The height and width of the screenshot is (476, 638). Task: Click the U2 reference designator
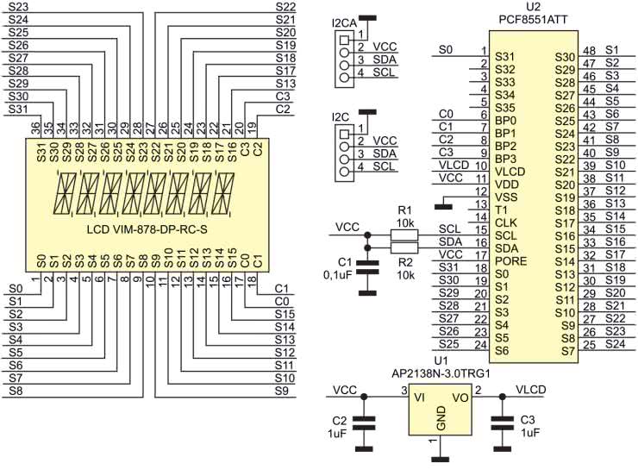click(x=533, y=7)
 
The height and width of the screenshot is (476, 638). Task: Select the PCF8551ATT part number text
click(x=533, y=20)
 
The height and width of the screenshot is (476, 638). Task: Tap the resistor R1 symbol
click(x=404, y=235)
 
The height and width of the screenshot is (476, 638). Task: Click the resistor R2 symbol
click(x=404, y=247)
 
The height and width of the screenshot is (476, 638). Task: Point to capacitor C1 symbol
click(x=367, y=267)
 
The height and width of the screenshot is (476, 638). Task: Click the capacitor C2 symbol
click(x=364, y=423)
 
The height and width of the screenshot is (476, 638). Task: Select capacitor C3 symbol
click(x=503, y=423)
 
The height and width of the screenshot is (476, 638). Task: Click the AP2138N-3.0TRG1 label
click(x=441, y=373)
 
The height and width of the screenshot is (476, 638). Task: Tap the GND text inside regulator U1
click(x=441, y=418)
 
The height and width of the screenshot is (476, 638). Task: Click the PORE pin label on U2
click(x=510, y=261)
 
